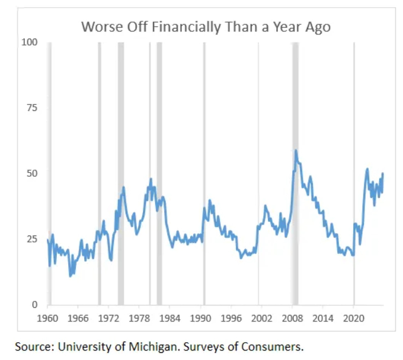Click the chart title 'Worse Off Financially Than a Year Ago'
click(x=206, y=27)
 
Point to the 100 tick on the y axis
click(x=30, y=43)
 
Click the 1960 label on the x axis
click(x=47, y=318)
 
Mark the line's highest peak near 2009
click(x=296, y=151)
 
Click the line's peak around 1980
click(x=151, y=179)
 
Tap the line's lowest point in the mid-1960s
click(x=70, y=276)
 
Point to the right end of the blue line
click(x=383, y=173)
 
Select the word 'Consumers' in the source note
click(x=279, y=346)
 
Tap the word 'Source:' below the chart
click(x=32, y=346)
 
